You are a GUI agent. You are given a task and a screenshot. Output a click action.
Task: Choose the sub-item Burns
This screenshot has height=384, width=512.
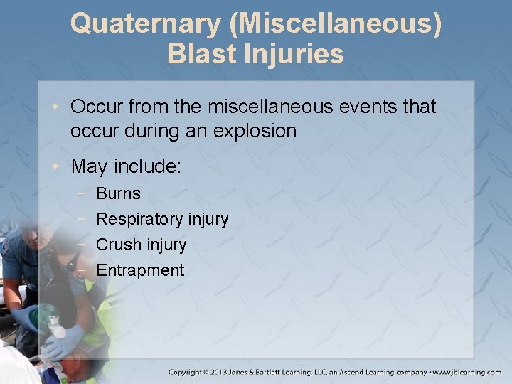pos(118,193)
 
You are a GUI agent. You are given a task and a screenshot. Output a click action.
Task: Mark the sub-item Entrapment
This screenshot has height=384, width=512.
pos(140,270)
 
